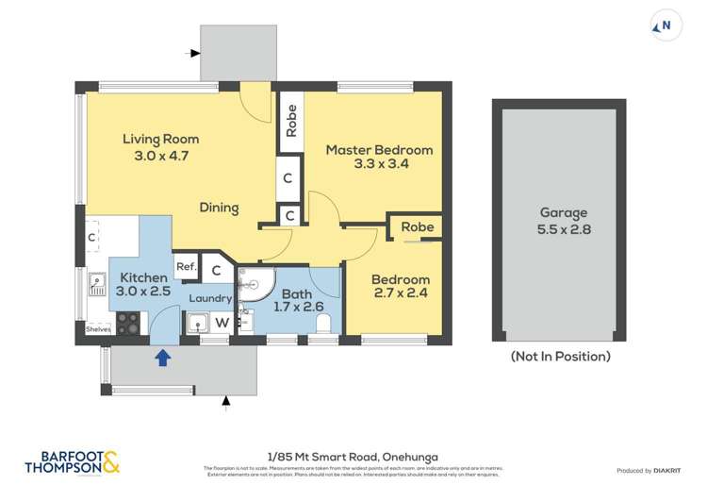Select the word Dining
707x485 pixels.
[219, 208]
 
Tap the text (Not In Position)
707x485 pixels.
[560, 357]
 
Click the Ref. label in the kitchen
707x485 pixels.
[186, 267]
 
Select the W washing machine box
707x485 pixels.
[222, 323]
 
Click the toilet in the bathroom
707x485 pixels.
[323, 324]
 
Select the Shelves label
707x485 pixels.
[97, 329]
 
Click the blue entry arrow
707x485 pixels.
[162, 357]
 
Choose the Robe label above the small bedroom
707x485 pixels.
[417, 227]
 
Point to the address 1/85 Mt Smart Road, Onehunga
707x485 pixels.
[353, 456]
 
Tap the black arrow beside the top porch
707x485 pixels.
[194, 54]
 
